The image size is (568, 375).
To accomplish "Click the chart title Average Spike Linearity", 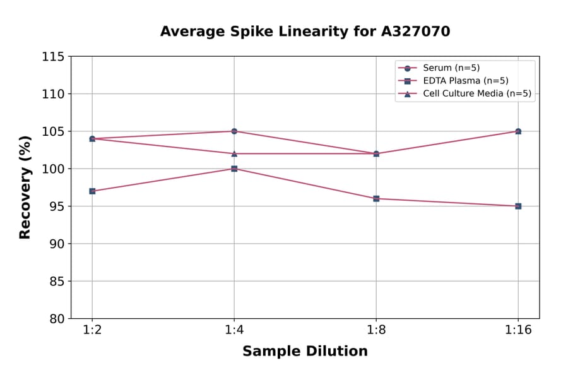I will tap(305, 32).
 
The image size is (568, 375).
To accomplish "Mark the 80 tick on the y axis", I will tap(57, 318).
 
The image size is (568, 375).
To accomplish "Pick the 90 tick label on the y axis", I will tap(57, 244).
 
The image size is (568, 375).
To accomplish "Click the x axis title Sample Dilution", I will tap(305, 352).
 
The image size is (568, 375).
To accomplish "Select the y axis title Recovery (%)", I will tap(25, 187).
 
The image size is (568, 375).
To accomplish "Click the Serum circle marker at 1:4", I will tap(234, 131).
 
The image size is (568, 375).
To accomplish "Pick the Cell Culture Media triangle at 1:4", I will tap(234, 153).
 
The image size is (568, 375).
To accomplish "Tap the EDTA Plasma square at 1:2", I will tap(92, 191).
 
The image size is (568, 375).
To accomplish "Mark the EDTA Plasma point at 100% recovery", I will tap(234, 169).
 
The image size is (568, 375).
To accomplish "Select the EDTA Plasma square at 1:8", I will tap(376, 198).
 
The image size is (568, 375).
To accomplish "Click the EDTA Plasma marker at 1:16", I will tap(518, 206).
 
